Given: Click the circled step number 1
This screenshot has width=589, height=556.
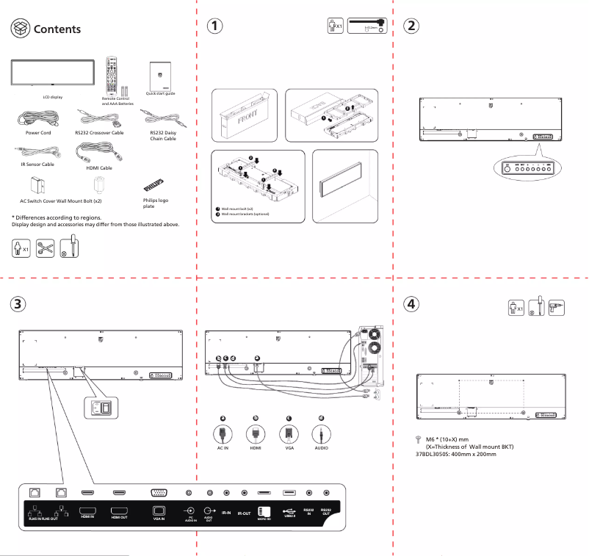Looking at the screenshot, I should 214,24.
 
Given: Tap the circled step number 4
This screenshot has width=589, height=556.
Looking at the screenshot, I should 413,304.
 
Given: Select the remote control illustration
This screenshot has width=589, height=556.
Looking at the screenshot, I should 113,74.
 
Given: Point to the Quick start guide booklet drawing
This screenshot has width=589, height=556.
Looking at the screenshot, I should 160,74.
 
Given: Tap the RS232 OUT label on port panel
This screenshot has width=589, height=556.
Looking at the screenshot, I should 328,512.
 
